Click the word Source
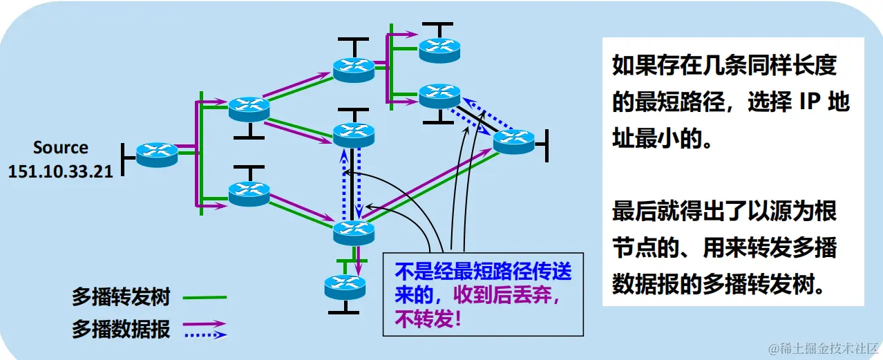point(61,147)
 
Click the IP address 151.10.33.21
point(60,171)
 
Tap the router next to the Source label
point(157,154)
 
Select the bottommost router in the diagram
point(345,285)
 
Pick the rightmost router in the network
point(513,141)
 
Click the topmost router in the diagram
point(439,48)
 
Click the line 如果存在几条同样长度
point(724,66)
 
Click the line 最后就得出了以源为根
point(724,211)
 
